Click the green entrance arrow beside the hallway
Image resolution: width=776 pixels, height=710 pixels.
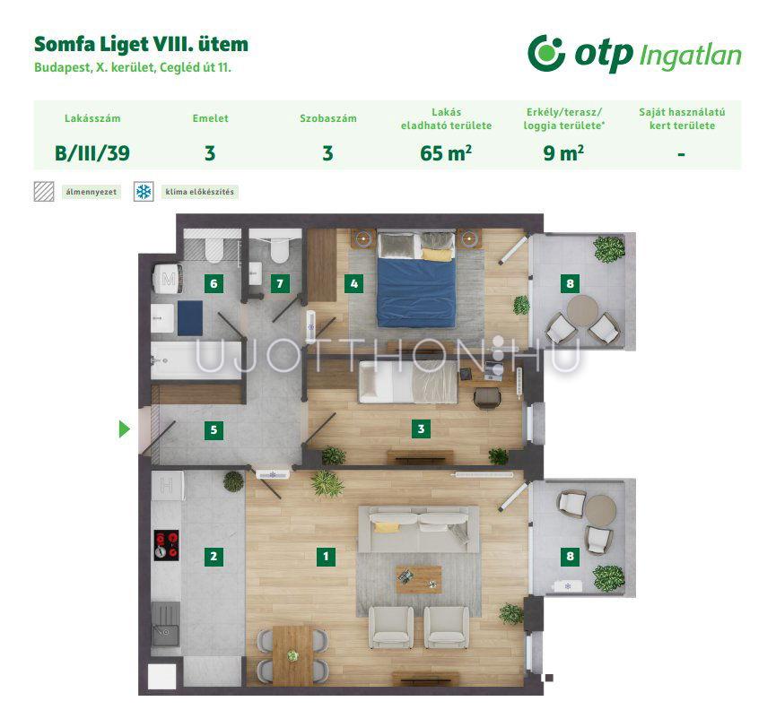pos(124,429)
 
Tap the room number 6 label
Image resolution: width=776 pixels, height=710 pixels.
pos(214,283)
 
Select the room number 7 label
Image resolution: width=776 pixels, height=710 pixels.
pos(280,283)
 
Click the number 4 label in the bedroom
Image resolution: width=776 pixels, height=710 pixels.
pos(353,283)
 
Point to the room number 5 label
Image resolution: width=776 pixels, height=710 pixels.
pos(214,429)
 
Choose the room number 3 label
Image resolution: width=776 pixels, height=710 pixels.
pos(421,429)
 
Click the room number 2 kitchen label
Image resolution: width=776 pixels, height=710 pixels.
pos(214,556)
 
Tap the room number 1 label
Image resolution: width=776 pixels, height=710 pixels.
pos(326,556)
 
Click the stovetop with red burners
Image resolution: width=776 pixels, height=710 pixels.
pos(166,545)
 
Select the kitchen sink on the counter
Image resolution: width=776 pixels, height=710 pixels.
pos(165,623)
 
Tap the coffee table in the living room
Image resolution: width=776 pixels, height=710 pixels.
pos(419,579)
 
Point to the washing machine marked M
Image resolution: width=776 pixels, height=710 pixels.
pos(169,279)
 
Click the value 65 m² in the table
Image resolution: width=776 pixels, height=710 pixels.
pos(445,153)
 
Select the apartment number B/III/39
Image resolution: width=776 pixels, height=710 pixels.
pos(92,153)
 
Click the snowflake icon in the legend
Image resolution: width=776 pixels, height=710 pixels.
pos(144,191)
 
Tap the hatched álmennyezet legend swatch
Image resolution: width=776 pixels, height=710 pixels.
pos(44,191)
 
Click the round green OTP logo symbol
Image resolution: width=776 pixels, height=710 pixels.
pos(546,54)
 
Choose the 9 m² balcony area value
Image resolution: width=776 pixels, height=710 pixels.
pos(563,153)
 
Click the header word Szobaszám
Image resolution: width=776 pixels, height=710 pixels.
pos(328,118)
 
